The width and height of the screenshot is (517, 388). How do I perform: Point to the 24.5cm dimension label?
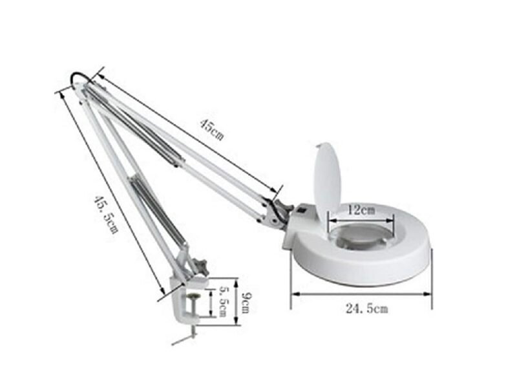366,309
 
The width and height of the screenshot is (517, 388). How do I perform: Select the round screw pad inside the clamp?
192,298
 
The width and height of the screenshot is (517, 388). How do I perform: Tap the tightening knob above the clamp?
202,265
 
